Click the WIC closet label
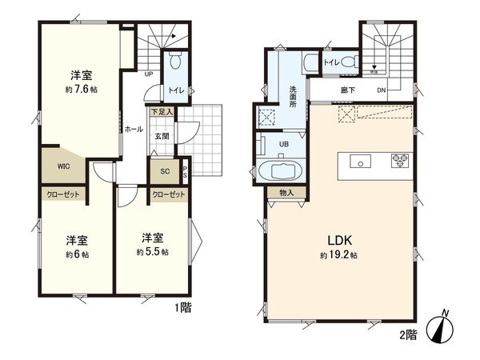click(x=62, y=167)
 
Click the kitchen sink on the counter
click(x=361, y=162)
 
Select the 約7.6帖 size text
click(x=81, y=90)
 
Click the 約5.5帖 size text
click(x=152, y=251)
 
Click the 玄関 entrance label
click(x=162, y=136)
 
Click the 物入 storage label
click(x=286, y=193)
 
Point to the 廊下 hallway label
click(x=346, y=91)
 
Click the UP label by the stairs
click(x=149, y=75)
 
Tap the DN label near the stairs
click(x=381, y=91)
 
